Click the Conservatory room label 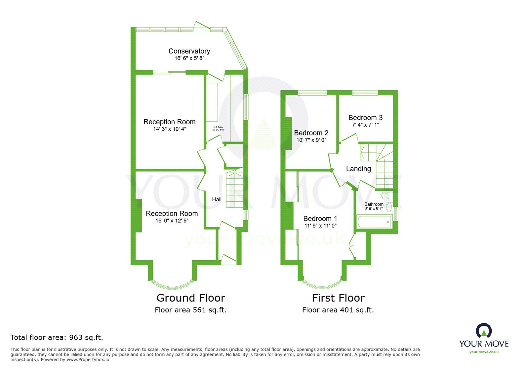click(x=189, y=51)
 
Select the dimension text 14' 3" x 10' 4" click(x=170, y=129)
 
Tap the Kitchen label click(x=218, y=127)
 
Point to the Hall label click(x=217, y=199)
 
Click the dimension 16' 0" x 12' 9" click(x=172, y=221)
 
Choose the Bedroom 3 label click(x=365, y=118)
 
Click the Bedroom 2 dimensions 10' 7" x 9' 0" click(x=311, y=140)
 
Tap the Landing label click(x=358, y=169)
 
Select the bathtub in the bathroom click(x=374, y=222)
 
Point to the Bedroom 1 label click(x=320, y=219)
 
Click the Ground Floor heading click(x=191, y=298)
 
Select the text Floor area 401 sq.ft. click(x=338, y=310)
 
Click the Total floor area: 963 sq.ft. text click(x=57, y=337)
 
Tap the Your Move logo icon click(x=484, y=331)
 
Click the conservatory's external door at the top click(x=202, y=26)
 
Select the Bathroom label click(x=374, y=204)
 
